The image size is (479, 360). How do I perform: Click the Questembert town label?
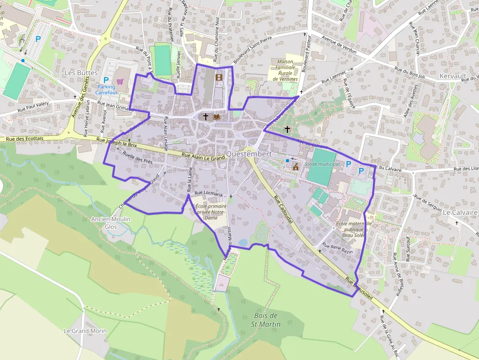[x=249, y=154]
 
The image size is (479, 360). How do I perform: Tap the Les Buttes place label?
[x=81, y=73]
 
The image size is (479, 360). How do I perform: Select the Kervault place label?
[x=453, y=76]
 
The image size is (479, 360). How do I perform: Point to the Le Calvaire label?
[x=459, y=213]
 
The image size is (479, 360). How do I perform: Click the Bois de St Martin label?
[x=266, y=320]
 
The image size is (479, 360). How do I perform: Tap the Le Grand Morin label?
[x=85, y=331]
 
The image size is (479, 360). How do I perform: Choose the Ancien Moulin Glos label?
[x=111, y=223]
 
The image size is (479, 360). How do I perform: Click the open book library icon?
[x=217, y=117]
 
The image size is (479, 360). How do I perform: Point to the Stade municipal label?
[x=322, y=164]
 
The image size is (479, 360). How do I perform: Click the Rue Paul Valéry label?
[x=34, y=107]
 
